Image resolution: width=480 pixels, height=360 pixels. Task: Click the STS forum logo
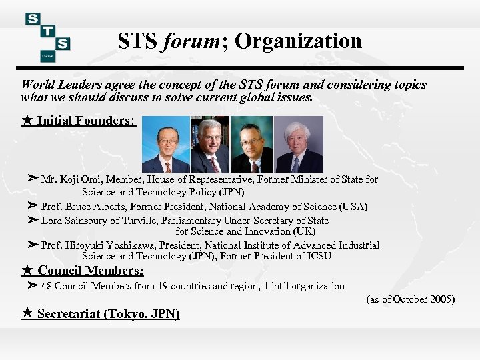47,37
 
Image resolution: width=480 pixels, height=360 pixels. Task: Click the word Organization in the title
298,41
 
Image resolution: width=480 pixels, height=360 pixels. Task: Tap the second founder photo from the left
209,145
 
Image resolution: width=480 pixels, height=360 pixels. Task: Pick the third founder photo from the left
252,145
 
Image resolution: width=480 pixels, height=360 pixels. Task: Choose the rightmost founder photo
298,145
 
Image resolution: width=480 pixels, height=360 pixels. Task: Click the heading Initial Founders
86,121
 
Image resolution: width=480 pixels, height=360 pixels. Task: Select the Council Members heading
90,271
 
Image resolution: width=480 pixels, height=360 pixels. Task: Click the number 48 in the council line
47,286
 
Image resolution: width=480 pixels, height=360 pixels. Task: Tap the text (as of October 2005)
411,299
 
